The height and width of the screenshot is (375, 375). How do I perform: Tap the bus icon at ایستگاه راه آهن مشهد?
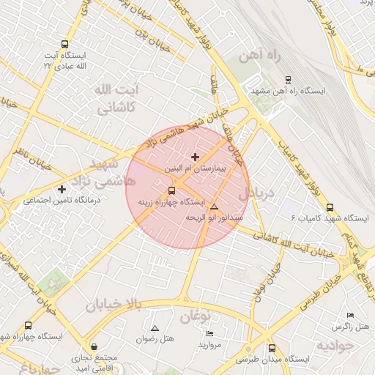click(x=287, y=79)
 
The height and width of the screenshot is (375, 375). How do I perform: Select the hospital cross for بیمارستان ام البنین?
click(x=195, y=157)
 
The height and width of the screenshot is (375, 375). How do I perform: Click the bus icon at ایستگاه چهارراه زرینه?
click(x=172, y=191)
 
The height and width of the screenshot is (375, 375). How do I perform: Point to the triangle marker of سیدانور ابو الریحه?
click(x=214, y=207)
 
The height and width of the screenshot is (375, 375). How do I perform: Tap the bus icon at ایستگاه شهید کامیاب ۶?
click(x=330, y=207)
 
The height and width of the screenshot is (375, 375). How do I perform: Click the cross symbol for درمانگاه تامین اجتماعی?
click(x=62, y=190)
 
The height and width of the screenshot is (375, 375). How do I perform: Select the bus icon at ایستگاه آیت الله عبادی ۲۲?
click(x=65, y=44)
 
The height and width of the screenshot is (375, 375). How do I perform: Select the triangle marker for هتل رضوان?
click(x=155, y=327)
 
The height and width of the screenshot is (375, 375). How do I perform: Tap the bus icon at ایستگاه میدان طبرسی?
click(x=272, y=349)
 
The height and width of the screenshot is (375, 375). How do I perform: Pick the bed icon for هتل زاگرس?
click(x=360, y=312)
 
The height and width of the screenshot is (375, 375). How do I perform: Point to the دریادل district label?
click(x=256, y=193)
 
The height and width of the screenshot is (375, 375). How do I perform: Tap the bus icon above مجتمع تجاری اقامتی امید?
click(x=93, y=346)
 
